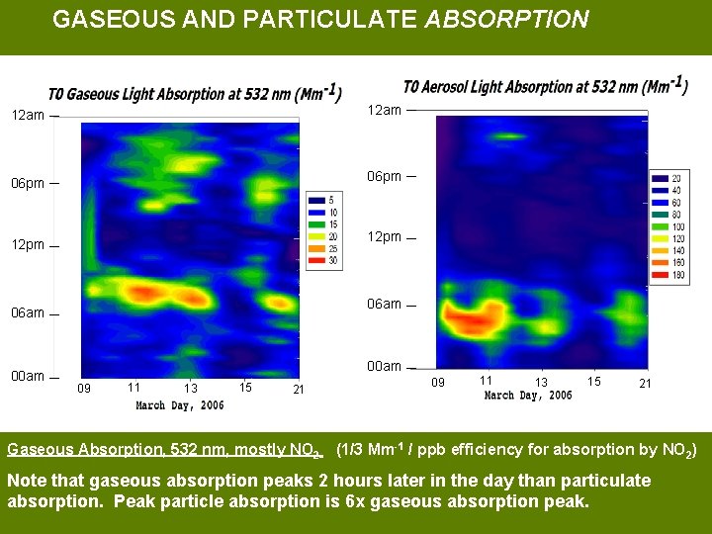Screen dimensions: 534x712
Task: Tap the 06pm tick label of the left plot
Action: [28, 184]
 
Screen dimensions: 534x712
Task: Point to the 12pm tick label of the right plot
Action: [385, 237]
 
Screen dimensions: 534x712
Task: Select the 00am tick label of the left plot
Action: [28, 377]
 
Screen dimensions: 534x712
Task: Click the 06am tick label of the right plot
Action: [385, 305]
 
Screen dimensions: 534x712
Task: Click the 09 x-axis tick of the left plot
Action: [84, 389]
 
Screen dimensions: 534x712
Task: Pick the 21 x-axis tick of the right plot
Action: [645, 384]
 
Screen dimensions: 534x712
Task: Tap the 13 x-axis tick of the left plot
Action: [191, 389]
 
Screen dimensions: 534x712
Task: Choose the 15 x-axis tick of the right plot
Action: [593, 381]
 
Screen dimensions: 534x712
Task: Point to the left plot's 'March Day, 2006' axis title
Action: [180, 405]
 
